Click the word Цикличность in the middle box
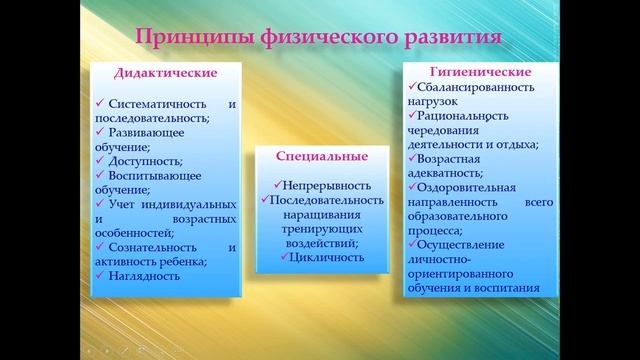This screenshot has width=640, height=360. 325,257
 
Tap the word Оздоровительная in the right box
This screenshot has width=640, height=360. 467,187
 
